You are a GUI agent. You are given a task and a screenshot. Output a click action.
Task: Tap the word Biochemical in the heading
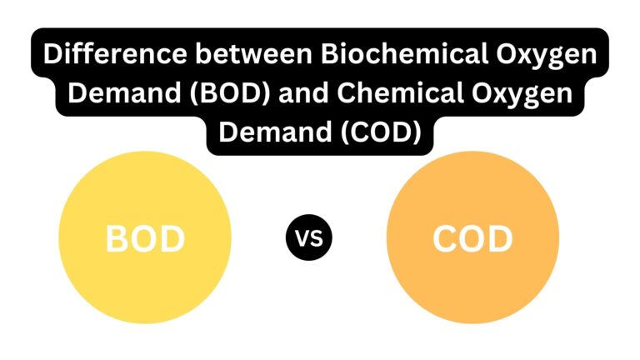404,53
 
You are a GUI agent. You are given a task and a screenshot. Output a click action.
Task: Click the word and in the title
303,92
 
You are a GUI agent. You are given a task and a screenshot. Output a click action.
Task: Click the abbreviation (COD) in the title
380,132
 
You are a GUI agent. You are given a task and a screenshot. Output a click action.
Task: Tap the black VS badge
309,237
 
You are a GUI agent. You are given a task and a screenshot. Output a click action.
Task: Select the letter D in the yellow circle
173,239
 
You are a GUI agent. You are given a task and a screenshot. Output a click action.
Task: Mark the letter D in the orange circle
501,239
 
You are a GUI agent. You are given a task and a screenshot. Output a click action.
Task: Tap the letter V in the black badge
302,238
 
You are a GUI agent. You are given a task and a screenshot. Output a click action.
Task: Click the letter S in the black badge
317,238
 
